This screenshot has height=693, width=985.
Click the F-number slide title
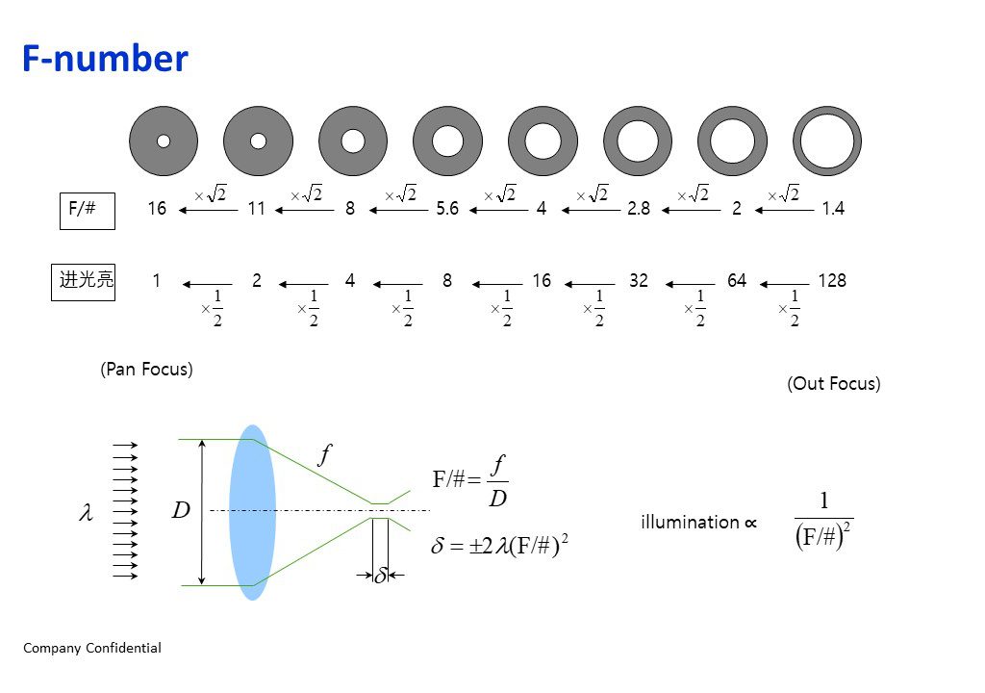[x=105, y=59]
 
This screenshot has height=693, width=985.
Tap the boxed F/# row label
[x=88, y=211]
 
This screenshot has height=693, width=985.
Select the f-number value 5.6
[x=447, y=208]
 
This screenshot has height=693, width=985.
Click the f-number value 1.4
[x=833, y=208]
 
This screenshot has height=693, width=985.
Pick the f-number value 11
[x=256, y=208]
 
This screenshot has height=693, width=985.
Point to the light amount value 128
[x=832, y=280]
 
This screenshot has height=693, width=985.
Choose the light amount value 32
[x=639, y=280]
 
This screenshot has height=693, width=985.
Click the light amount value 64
[x=736, y=280]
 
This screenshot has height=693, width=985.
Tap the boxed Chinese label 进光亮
[x=83, y=282]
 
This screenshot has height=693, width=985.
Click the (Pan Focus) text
[x=146, y=370]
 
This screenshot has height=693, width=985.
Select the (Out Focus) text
[x=834, y=384]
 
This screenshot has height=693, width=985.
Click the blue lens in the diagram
[x=253, y=512]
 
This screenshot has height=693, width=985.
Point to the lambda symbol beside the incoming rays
[x=86, y=512]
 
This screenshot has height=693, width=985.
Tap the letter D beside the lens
[x=181, y=510]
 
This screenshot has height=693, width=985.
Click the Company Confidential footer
[x=92, y=648]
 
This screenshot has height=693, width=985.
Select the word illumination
[x=690, y=522]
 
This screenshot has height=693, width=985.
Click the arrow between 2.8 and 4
[x=591, y=210]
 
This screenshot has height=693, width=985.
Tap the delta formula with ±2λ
[x=499, y=545]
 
